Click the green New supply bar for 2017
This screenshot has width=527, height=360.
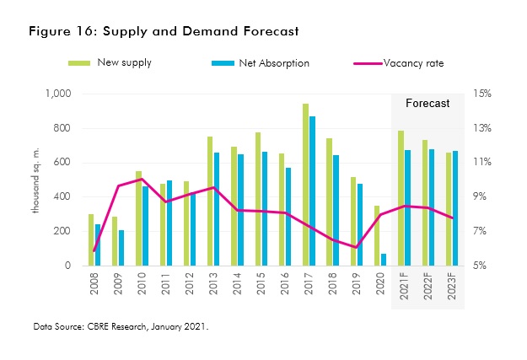pos(305,185)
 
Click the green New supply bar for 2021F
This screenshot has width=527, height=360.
pos(401,198)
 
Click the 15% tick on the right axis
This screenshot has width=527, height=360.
pos(488,94)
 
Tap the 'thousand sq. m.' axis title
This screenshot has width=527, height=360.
pos(38,180)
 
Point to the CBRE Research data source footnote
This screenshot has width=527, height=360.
pos(121,325)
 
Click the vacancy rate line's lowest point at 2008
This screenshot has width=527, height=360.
pos(94,250)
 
